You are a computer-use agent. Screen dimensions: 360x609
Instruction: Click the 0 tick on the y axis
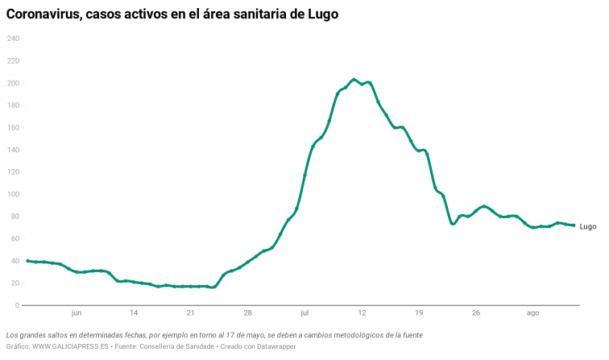[16, 305]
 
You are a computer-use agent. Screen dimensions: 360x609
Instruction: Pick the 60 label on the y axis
[14, 238]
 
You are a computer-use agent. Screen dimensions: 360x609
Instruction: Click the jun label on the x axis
[77, 313]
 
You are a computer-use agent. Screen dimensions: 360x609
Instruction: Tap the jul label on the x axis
[304, 313]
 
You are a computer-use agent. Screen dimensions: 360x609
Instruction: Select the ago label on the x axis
[532, 313]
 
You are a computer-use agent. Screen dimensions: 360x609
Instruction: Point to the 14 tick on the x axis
[134, 313]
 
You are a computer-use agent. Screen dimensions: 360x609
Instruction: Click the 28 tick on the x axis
[247, 313]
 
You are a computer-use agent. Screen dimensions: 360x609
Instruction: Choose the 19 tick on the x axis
[418, 313]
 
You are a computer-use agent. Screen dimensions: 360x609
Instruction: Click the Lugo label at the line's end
[588, 226]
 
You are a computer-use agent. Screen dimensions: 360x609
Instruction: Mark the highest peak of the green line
[354, 79]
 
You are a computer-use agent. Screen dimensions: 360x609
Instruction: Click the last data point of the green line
[574, 226]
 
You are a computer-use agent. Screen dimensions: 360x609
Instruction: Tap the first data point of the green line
[27, 261]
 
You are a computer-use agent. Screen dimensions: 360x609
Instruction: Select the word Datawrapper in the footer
[296, 346]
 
